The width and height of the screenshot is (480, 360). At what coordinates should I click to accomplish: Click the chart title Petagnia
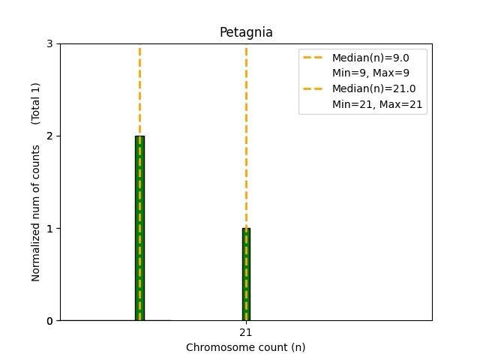(246, 33)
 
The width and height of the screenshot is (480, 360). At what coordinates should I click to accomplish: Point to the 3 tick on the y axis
(49, 43)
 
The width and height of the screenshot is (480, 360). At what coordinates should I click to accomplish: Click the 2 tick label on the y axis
(49, 136)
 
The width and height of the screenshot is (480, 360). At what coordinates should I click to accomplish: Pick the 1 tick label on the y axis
(49, 228)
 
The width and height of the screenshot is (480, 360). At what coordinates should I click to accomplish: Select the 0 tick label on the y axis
(49, 321)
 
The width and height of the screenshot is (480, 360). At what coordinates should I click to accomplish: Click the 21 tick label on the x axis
(246, 332)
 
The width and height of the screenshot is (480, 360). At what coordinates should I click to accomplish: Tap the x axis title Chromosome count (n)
(246, 347)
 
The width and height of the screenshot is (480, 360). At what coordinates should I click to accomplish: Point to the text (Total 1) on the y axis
(36, 103)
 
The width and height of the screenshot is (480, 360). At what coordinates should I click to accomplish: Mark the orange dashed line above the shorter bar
(246, 135)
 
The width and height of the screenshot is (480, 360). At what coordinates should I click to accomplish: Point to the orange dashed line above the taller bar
(139, 90)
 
